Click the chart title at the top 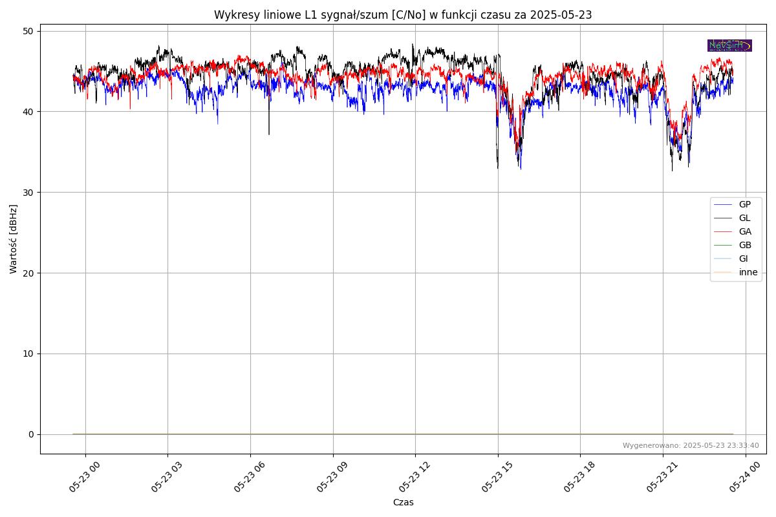[x=403, y=15]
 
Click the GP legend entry [x=744, y=204]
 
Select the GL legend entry [x=744, y=218]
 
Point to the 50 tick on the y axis [x=28, y=31]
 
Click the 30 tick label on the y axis [x=28, y=193]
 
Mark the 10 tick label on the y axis [x=28, y=353]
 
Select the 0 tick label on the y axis [x=31, y=434]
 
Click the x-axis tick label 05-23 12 [x=415, y=477]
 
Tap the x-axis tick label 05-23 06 [x=250, y=477]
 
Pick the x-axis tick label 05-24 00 [x=744, y=477]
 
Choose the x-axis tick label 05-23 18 [x=579, y=477]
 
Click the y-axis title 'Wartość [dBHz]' [x=14, y=239]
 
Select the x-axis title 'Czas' [x=403, y=502]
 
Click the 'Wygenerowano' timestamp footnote [x=691, y=445]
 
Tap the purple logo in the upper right [x=729, y=45]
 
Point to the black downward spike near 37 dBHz [x=269, y=129]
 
